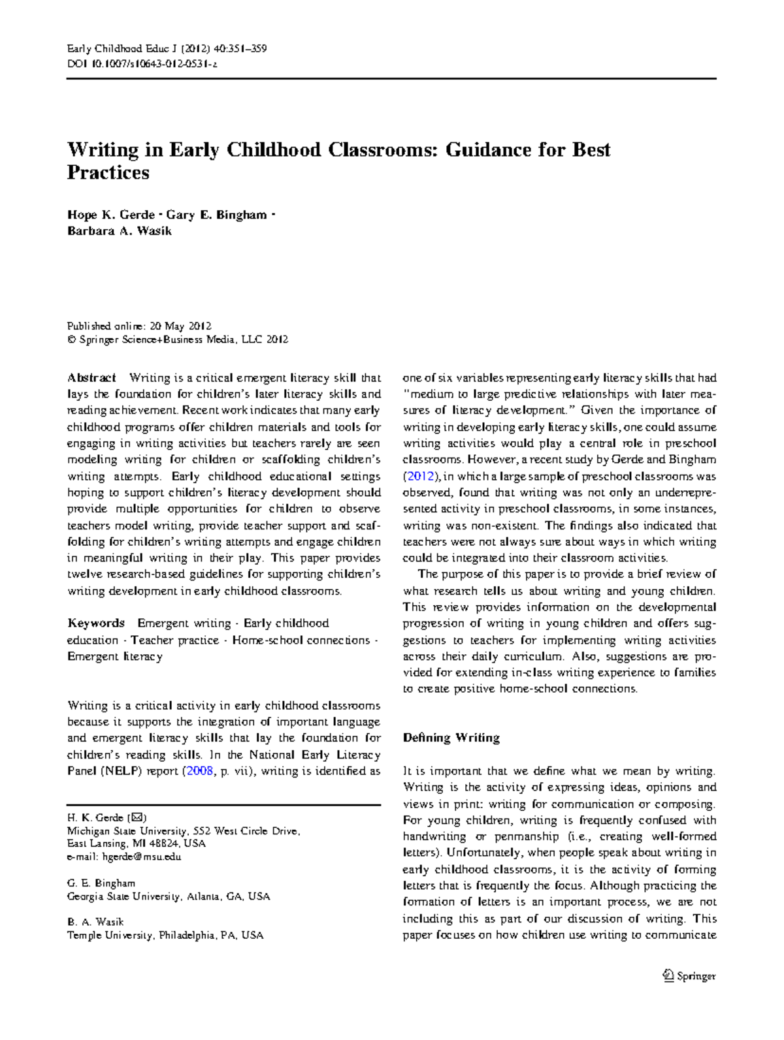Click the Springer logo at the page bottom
pos(689,976)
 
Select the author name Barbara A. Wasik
pos(119,230)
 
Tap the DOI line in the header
pos(142,64)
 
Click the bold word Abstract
pos(91,378)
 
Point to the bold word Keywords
pos(95,623)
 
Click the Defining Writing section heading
pos(451,738)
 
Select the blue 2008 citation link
pos(200,771)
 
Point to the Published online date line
pos(139,326)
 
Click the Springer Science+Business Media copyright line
pos(178,339)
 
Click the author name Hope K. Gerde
pos(110,215)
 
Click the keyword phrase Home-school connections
pos(301,640)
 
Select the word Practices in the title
pos(108,173)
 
